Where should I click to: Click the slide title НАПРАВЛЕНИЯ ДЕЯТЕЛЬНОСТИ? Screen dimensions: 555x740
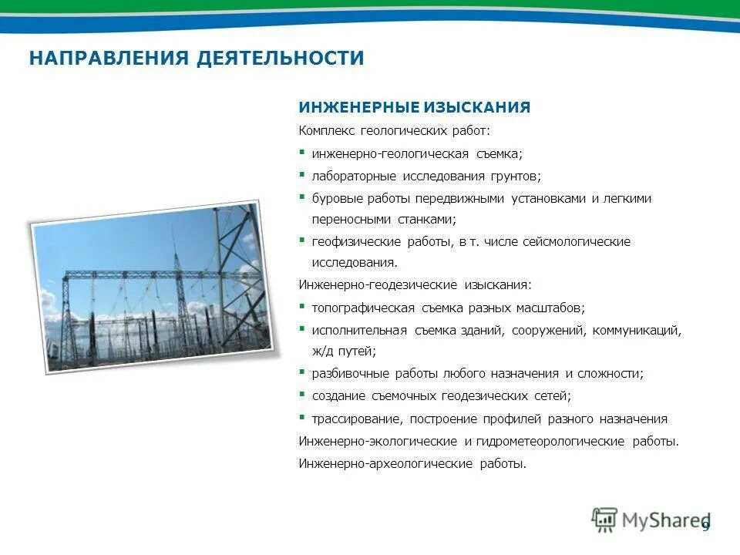click(196, 59)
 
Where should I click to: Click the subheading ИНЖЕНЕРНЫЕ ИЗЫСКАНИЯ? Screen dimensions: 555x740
click(415, 107)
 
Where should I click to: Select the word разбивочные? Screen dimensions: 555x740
click(348, 373)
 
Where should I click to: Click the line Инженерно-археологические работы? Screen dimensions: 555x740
click(412, 464)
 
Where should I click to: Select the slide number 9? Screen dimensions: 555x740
click(705, 526)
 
